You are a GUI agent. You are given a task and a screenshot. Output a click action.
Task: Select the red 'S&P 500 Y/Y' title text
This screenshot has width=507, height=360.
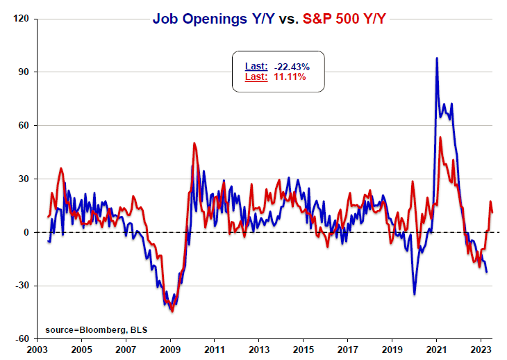pyautogui.click(x=345, y=19)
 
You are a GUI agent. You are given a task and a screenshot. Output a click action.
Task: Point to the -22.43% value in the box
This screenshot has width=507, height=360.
pyautogui.click(x=291, y=66)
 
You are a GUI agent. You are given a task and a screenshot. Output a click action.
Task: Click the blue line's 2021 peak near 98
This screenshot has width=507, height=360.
pyautogui.click(x=436, y=58)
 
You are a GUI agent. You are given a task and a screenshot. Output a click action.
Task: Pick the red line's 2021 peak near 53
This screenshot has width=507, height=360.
pyautogui.click(x=440, y=138)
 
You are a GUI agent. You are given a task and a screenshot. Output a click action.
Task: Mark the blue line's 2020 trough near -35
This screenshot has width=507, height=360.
pyautogui.click(x=415, y=294)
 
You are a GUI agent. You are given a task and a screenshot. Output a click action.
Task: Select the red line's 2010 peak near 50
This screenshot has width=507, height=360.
pyautogui.click(x=194, y=144)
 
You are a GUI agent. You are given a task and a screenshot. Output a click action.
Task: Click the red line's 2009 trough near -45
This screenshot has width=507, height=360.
pyautogui.click(x=172, y=311)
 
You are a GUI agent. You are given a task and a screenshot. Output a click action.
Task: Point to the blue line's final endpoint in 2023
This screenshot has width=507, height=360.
pyautogui.click(x=486, y=272)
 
